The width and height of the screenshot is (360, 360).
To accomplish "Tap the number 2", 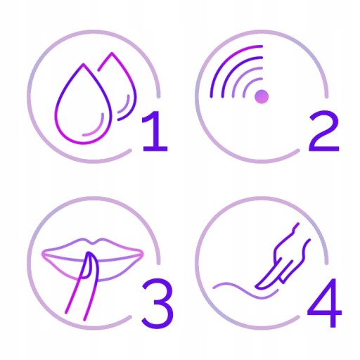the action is point(324,131).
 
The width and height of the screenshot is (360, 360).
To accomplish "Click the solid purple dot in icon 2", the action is point(262,96).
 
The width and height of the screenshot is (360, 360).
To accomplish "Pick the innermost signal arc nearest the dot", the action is point(249,84).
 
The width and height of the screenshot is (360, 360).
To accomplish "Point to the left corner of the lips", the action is point(43,254).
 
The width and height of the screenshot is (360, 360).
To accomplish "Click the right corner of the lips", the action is point(142,254).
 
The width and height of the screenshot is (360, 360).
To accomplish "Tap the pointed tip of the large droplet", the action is point(83,64).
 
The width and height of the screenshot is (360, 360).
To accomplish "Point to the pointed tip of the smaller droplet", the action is point(112,53).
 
